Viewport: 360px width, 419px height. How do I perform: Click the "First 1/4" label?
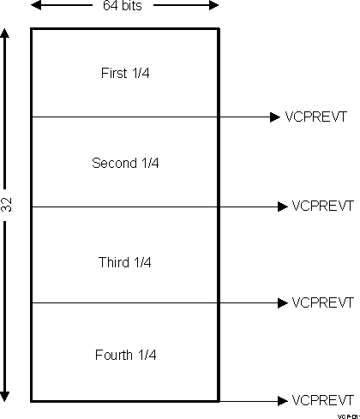[x=125, y=73]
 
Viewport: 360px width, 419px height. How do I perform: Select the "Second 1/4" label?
[x=125, y=163]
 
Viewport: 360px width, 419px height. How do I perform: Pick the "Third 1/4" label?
[x=125, y=261]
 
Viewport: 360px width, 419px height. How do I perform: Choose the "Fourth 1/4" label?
[x=125, y=354]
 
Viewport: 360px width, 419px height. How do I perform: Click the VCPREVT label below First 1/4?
[x=315, y=117]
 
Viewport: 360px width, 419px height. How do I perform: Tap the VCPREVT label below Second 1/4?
[x=323, y=207]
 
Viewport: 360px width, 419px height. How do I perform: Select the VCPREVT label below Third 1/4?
[x=323, y=302]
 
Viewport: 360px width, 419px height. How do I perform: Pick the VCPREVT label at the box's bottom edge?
[x=323, y=400]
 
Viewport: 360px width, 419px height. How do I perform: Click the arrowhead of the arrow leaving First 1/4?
[x=275, y=117]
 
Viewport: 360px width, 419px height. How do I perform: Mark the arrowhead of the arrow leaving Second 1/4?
[x=283, y=207]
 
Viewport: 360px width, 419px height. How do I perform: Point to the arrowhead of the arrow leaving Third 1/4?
[x=283, y=302]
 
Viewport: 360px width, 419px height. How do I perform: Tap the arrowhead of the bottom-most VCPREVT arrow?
[x=283, y=400]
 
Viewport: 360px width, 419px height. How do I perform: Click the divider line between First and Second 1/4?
[x=125, y=117]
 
